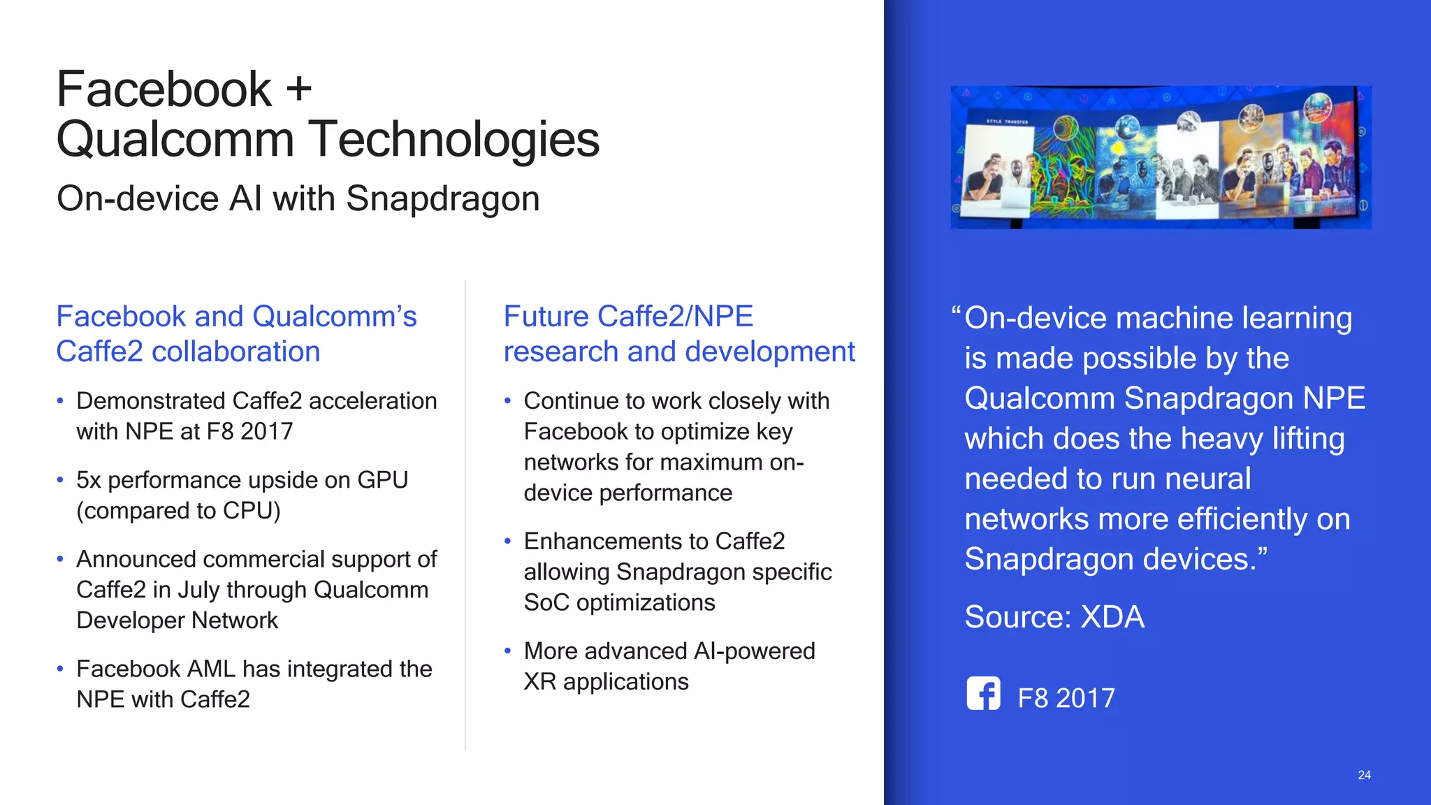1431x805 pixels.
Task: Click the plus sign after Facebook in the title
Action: pyautogui.click(x=298, y=90)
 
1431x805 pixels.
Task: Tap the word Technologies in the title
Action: pyautogui.click(x=453, y=139)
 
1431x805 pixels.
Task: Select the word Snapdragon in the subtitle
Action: pyautogui.click(x=442, y=198)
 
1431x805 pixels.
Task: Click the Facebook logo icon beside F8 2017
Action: pyautogui.click(x=983, y=694)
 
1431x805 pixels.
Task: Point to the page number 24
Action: pyautogui.click(x=1364, y=775)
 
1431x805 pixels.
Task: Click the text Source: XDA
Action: pyautogui.click(x=1054, y=617)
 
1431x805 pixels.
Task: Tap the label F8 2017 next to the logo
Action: pyautogui.click(x=1066, y=698)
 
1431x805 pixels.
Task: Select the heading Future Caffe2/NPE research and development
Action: pyautogui.click(x=678, y=334)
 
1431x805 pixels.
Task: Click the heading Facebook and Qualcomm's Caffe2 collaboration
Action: pyautogui.click(x=236, y=334)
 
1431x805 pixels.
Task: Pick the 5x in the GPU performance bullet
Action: pyautogui.click(x=89, y=480)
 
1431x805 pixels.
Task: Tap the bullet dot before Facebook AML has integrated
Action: pyautogui.click(x=60, y=669)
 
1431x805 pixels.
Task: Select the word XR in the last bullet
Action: pyautogui.click(x=539, y=681)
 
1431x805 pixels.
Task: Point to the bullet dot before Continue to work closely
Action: pyautogui.click(x=508, y=401)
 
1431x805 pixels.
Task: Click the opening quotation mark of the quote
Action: pyautogui.click(x=956, y=314)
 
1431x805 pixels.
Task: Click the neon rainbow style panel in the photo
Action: pyautogui.click(x=1063, y=168)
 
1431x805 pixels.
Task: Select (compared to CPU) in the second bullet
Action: pyautogui.click(x=178, y=511)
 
